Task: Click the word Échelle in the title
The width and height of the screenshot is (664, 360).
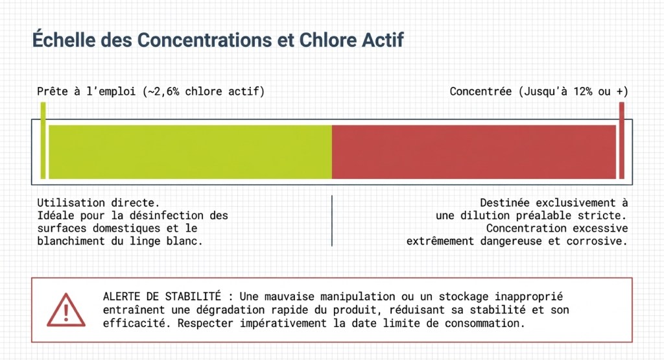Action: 64,40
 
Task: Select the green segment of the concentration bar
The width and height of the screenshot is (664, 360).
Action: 190,152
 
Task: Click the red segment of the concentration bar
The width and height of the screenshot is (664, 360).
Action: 474,152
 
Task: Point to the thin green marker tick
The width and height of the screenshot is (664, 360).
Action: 43,140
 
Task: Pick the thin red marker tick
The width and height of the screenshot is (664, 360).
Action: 622,140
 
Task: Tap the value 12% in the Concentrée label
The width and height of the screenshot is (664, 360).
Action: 583,91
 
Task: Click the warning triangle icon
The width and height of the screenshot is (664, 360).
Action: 66,310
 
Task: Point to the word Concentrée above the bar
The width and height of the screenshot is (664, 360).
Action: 480,91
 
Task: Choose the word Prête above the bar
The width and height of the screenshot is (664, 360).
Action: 53,91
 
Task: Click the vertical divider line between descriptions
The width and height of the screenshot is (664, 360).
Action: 332,221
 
